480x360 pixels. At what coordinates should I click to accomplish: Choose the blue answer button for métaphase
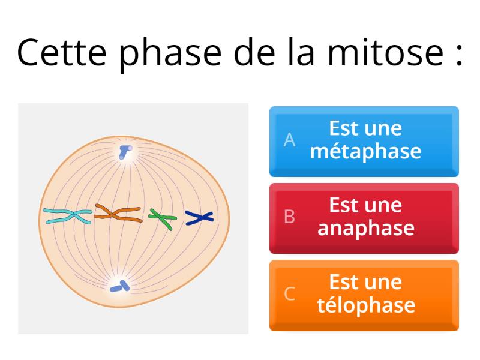pyautogui.click(x=364, y=142)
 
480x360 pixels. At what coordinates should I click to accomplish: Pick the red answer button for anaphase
pyautogui.click(x=364, y=218)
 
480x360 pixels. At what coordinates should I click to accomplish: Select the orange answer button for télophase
pyautogui.click(x=364, y=295)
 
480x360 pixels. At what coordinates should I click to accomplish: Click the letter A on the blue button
pyautogui.click(x=290, y=140)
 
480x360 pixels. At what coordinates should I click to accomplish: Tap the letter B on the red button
pyautogui.click(x=289, y=217)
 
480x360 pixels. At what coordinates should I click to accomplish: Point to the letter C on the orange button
pyautogui.click(x=289, y=293)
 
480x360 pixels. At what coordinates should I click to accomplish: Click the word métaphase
pyautogui.click(x=365, y=151)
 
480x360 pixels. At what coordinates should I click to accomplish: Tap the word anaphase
pyautogui.click(x=365, y=228)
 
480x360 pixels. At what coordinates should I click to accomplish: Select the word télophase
pyautogui.click(x=365, y=305)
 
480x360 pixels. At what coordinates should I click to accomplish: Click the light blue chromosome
pyautogui.click(x=68, y=217)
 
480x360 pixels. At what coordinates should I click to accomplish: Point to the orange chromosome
pyautogui.click(x=118, y=214)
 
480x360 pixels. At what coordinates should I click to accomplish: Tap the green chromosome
pyautogui.click(x=162, y=218)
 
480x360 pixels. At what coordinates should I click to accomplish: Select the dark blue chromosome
pyautogui.click(x=199, y=218)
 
